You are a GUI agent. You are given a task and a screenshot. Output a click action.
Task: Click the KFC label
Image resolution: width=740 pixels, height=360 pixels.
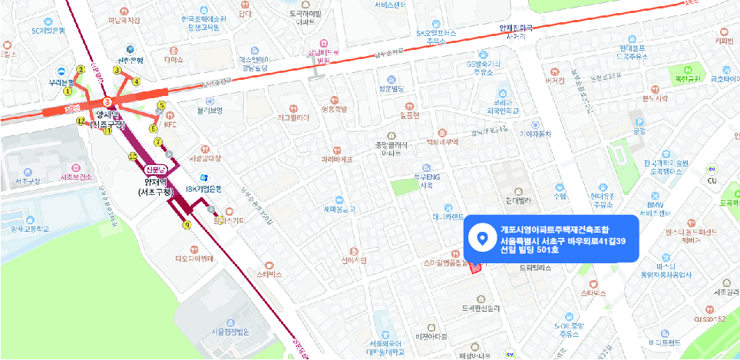click(x=170, y=124)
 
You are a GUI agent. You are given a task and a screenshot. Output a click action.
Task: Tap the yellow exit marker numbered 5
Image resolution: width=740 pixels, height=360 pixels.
click(x=162, y=105)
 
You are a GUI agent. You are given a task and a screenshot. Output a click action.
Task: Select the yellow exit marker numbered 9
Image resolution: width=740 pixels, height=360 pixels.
click(x=187, y=225)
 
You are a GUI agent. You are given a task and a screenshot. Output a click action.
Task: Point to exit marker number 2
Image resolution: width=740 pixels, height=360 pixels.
click(x=81, y=70)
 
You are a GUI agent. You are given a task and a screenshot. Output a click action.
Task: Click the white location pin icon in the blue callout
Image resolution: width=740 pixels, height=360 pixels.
click(x=482, y=239)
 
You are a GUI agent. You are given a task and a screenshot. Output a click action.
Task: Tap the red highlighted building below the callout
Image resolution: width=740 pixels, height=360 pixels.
click(x=473, y=266)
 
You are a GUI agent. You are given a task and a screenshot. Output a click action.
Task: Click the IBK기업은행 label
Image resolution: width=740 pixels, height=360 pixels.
click(x=203, y=189)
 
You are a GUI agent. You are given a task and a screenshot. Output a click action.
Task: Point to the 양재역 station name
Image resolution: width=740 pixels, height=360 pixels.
click(x=107, y=114)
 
